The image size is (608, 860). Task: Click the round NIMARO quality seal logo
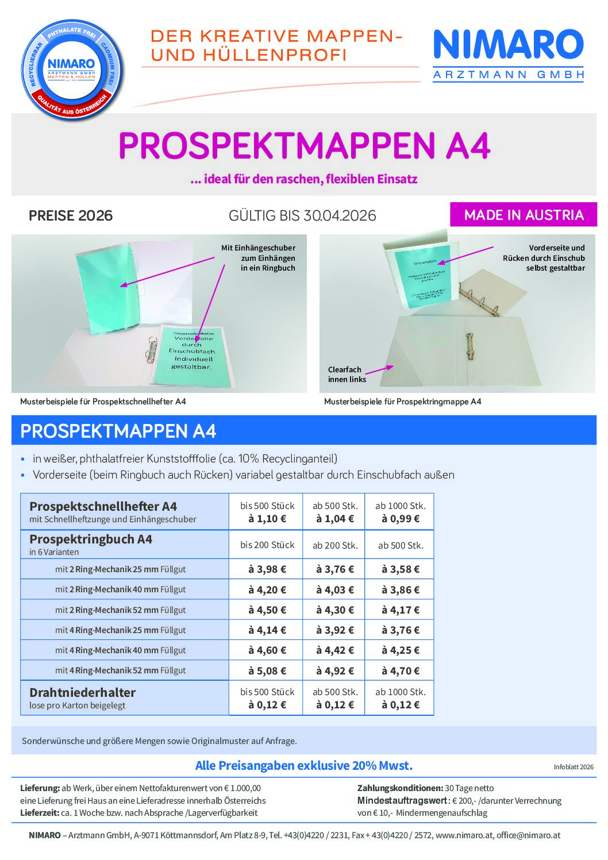point(71,70)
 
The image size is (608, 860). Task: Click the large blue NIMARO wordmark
point(508,45)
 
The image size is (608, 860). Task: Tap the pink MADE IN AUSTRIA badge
point(524,215)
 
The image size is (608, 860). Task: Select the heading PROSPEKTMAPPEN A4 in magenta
point(304,146)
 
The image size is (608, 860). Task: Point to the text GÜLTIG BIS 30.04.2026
point(302,215)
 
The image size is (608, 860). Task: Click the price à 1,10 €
point(267,519)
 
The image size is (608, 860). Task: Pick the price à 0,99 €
point(400,519)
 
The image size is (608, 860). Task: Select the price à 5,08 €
point(267,670)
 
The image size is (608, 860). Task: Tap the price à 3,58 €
point(400,569)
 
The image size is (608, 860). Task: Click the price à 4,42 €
point(334,650)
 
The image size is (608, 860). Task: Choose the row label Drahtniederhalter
point(83,692)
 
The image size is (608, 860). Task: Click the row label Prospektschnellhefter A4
point(103,506)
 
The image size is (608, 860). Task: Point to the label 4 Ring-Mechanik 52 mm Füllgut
point(120,670)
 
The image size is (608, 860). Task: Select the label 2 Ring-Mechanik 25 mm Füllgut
point(120,569)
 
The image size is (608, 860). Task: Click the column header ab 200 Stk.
point(335,545)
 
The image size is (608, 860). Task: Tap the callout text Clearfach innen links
point(345,375)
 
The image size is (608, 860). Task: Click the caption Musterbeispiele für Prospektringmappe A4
point(402,402)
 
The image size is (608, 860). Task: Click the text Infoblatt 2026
point(574,767)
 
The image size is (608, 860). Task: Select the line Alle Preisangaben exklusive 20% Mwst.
point(304,766)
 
